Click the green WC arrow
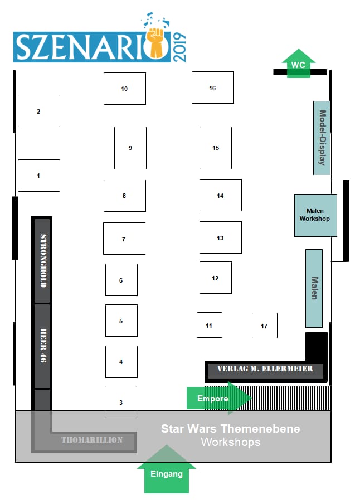coord(298,65)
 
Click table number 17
coord(264,326)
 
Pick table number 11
coord(209,325)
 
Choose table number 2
coord(38,111)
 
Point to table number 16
coord(212,88)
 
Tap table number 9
coord(130,148)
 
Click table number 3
coord(121,402)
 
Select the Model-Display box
coord(322,138)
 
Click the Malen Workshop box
coord(315,215)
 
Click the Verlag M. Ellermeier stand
coord(265,369)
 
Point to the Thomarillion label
coord(92,440)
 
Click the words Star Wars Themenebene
coord(230,429)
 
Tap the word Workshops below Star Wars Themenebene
coord(230,442)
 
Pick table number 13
coord(220,238)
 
